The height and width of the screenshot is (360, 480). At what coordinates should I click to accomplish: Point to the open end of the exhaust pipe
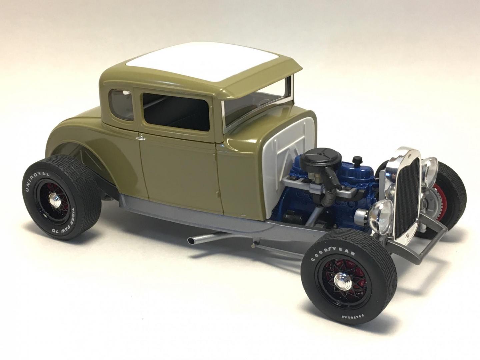191,240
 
